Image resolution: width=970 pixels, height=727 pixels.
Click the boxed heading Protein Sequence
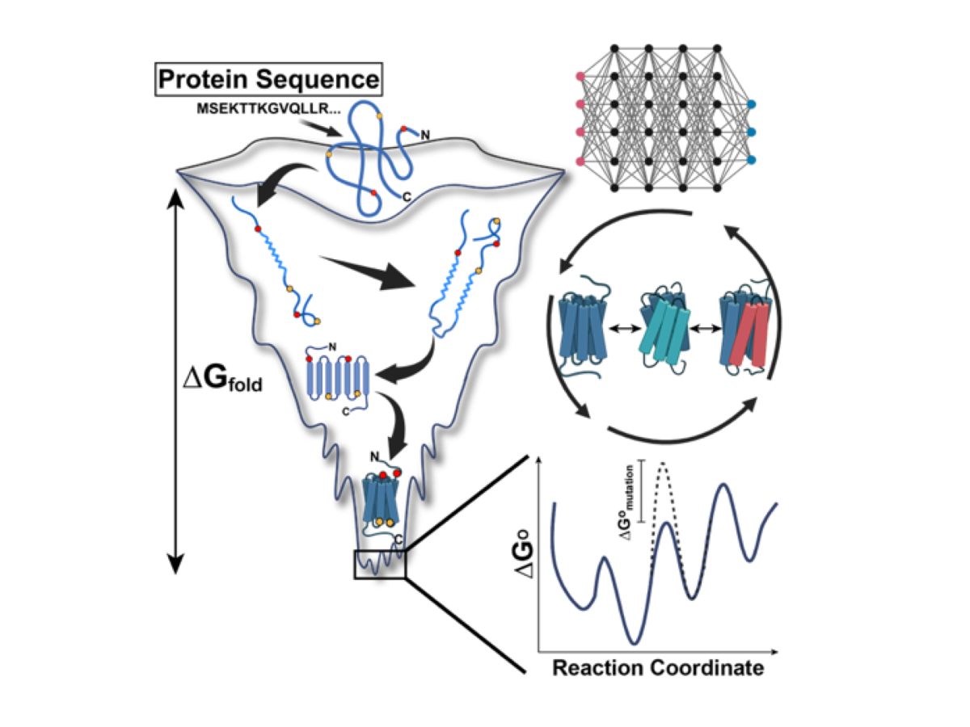click(x=269, y=79)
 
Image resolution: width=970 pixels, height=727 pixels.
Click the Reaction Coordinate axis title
click(x=657, y=669)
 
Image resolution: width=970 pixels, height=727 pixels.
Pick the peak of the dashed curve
click(x=664, y=463)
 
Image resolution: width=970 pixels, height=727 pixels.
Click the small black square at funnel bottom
click(x=379, y=564)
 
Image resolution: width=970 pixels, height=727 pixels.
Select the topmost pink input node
click(x=579, y=77)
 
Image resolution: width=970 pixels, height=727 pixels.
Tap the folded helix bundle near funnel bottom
click(x=380, y=501)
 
